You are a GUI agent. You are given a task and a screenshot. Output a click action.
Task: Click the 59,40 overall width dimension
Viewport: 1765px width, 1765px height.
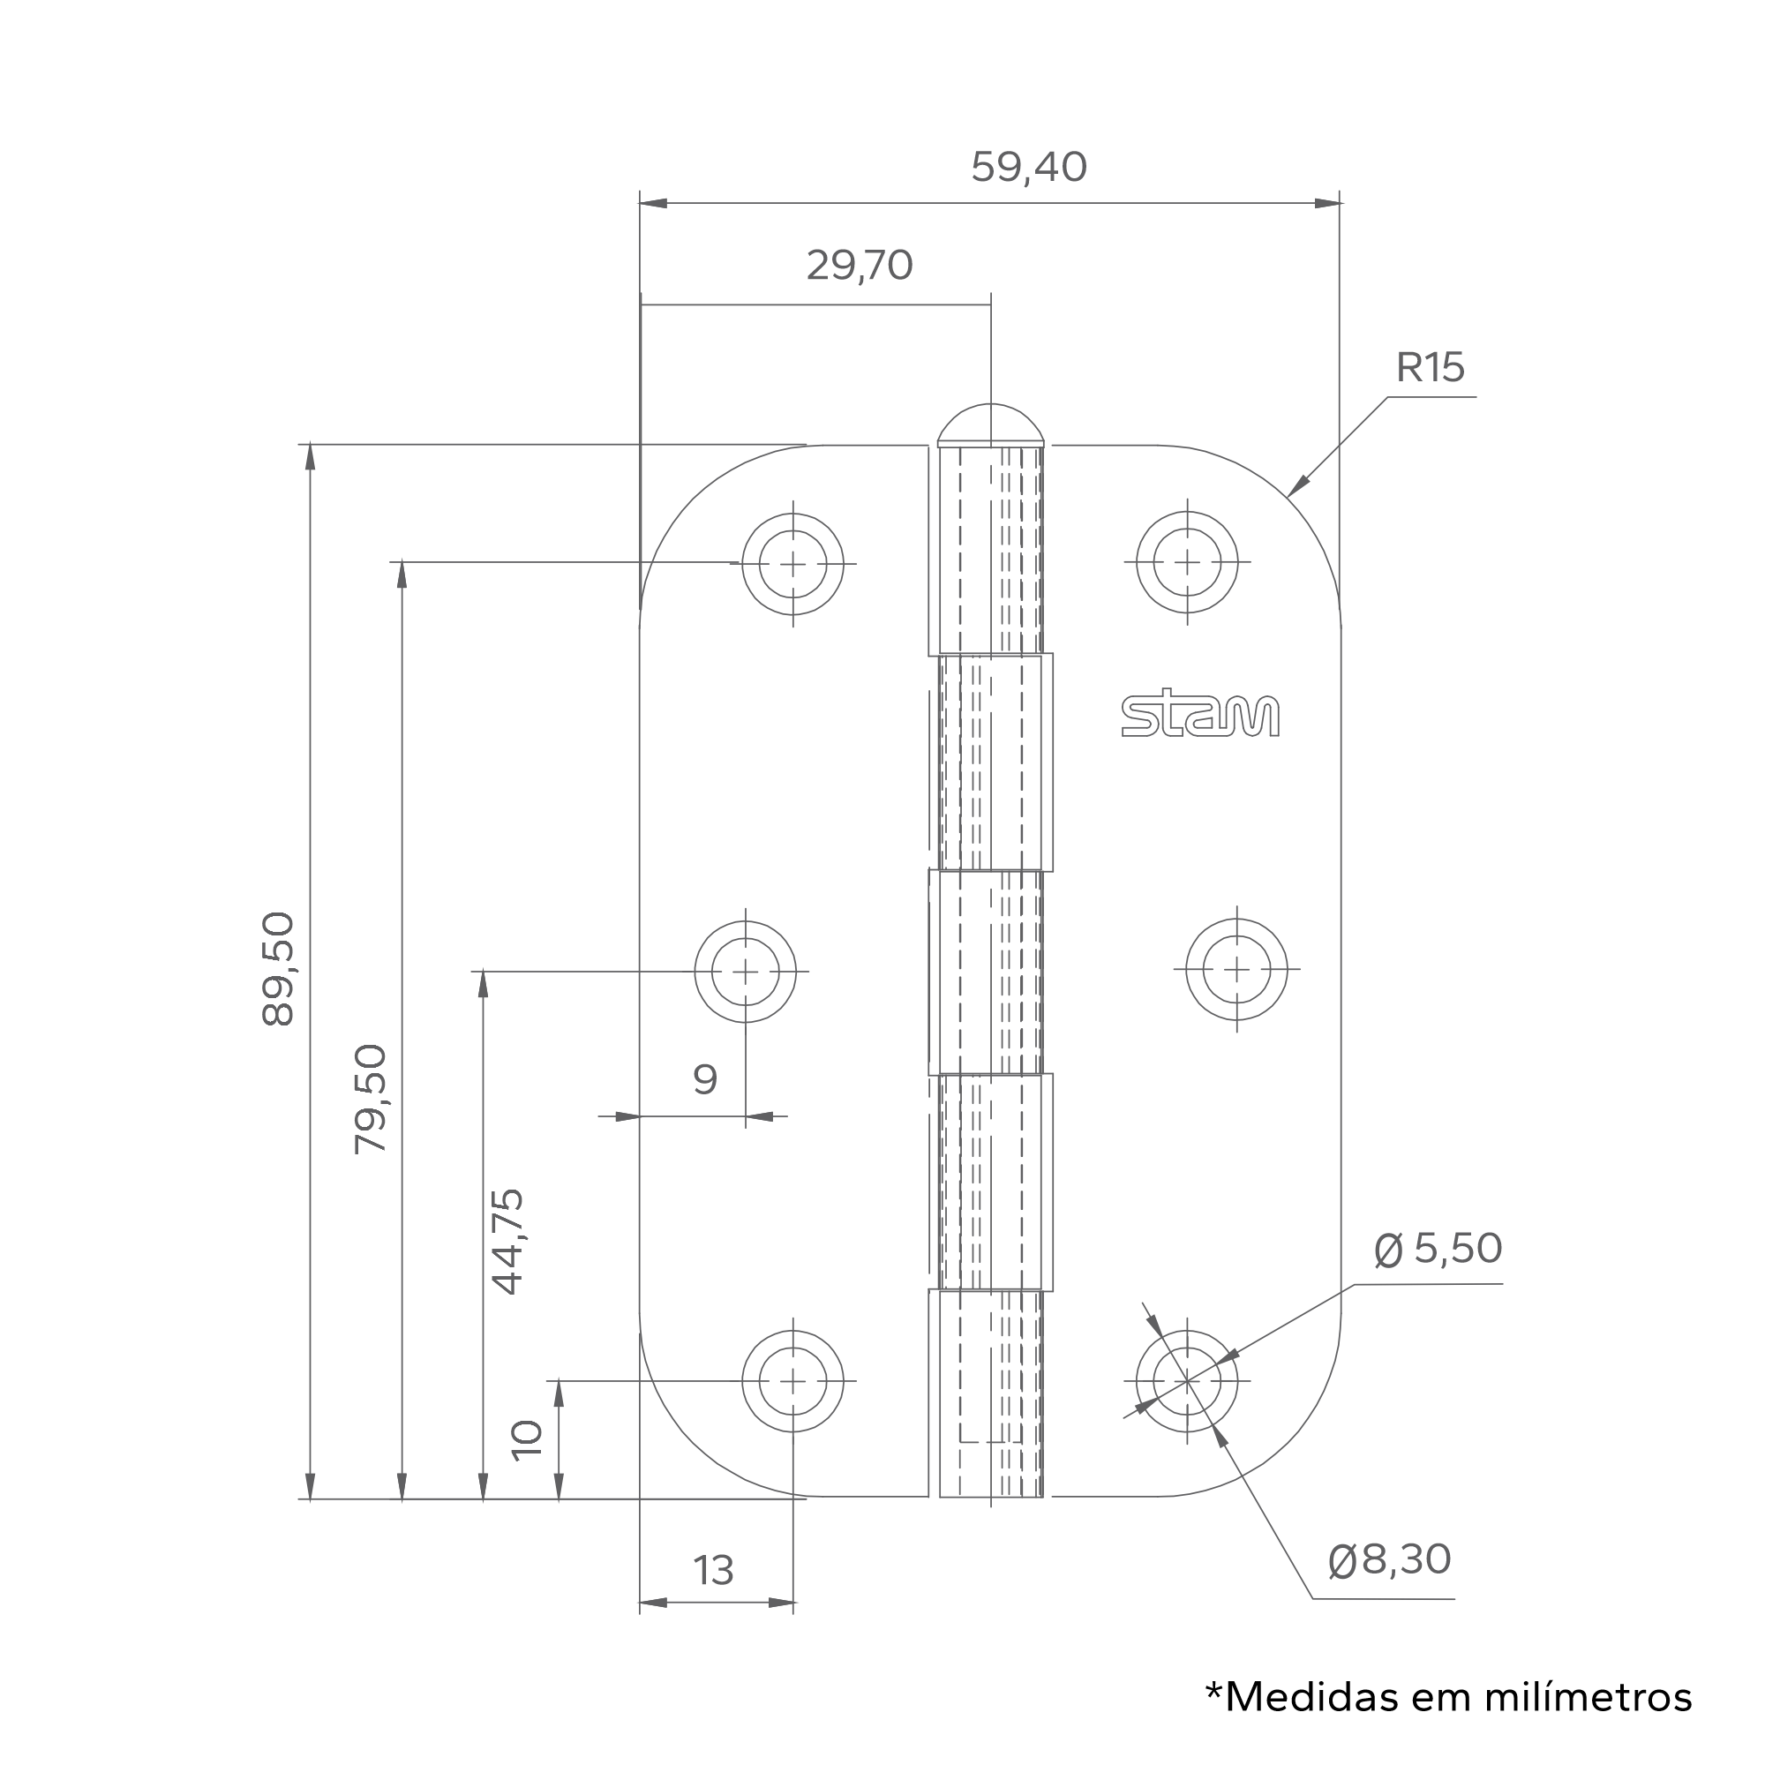point(1029,167)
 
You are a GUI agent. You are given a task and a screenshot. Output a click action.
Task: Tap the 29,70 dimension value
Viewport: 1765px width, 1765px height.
point(860,266)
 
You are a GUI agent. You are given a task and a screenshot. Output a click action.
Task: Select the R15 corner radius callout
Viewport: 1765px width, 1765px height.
point(1430,367)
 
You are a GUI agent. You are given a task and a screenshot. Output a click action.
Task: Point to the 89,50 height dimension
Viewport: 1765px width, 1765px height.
point(278,969)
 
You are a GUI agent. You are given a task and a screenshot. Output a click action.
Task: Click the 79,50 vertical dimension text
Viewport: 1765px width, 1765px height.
point(370,1099)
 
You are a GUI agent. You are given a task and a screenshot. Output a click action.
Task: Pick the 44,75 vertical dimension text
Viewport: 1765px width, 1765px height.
point(507,1242)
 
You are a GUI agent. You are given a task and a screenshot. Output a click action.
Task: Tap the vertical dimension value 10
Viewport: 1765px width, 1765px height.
point(527,1441)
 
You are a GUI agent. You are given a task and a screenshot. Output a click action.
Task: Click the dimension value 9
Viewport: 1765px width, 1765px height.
point(705,1080)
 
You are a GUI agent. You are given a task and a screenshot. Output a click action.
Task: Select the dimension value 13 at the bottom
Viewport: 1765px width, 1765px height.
point(713,1571)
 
